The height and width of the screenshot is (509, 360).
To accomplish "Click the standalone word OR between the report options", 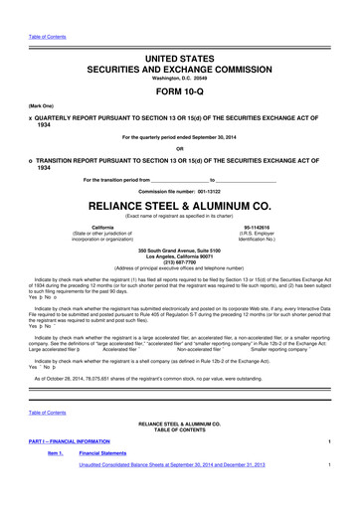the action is [x=180, y=149].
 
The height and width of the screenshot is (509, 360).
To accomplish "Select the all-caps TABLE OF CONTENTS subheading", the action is [x=180, y=454].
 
